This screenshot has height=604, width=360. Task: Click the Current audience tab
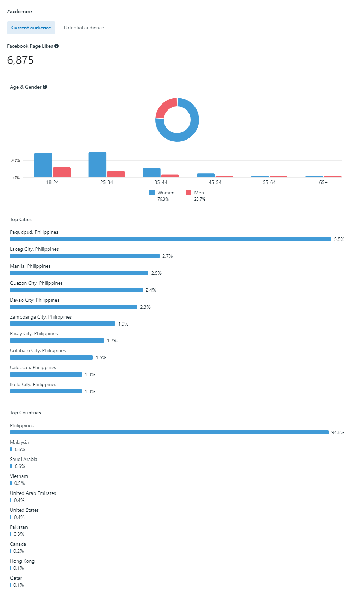[x=31, y=28]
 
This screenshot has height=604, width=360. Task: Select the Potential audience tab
[x=84, y=28]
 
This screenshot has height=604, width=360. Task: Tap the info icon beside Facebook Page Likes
[x=56, y=46]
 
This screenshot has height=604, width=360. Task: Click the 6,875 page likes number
[x=20, y=60]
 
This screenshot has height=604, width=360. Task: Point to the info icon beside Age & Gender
[x=45, y=87]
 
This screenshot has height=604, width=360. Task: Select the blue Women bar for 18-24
[x=43, y=165]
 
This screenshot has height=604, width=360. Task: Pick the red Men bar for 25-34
[x=116, y=174]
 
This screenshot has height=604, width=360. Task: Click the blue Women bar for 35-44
[x=151, y=173]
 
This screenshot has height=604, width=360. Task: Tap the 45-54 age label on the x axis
[x=215, y=182]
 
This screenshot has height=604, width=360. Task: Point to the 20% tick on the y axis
[x=15, y=160]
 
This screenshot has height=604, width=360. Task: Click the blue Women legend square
[x=152, y=193]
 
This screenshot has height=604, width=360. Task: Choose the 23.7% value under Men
[x=200, y=199]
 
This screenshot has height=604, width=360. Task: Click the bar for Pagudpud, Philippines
[x=170, y=239]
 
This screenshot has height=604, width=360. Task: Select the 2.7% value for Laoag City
[x=167, y=256]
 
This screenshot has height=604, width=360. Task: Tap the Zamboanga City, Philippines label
[x=41, y=317]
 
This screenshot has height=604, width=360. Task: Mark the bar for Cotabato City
[x=51, y=357]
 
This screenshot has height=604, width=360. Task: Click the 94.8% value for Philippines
[x=338, y=432]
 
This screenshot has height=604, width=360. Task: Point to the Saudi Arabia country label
[x=23, y=459]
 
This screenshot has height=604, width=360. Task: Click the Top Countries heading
[x=25, y=413]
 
